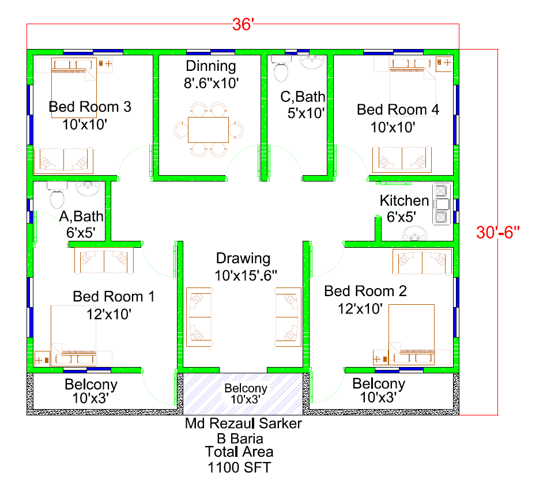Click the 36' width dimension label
[x=243, y=25]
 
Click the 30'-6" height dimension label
[x=498, y=232]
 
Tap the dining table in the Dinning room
[x=208, y=130]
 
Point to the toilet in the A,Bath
[x=57, y=196]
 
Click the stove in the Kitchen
[x=442, y=204]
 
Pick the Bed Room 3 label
[x=90, y=107]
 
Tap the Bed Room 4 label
[x=398, y=109]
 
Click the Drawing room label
[x=243, y=259]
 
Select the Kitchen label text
[x=404, y=201]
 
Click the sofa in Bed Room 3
[x=63, y=160]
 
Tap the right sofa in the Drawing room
[x=288, y=317]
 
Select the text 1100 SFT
[x=239, y=468]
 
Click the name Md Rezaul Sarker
[x=243, y=423]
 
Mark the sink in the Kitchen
[x=414, y=233]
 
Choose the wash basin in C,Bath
[x=312, y=62]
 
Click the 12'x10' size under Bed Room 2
[x=360, y=309]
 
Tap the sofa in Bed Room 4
[x=402, y=160]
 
